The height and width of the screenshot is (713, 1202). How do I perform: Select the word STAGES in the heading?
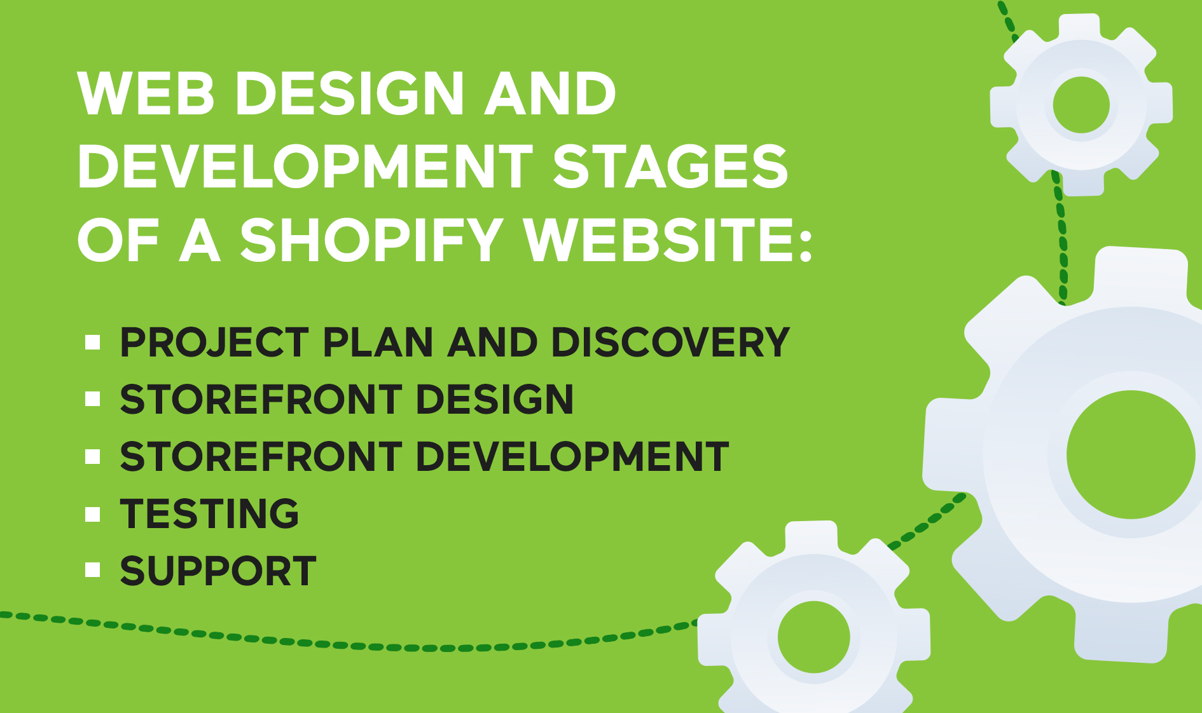tap(670, 166)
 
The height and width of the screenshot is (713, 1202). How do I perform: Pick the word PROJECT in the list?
tap(214, 343)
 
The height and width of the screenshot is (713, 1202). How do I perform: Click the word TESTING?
tap(209, 513)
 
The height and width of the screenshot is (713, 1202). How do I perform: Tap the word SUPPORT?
tap(218, 571)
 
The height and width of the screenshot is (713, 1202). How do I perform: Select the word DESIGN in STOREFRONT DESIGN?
tap(494, 400)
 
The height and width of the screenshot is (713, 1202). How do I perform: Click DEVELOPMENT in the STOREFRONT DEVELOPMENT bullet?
tap(572, 456)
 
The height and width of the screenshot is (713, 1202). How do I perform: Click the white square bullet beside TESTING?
tap(93, 514)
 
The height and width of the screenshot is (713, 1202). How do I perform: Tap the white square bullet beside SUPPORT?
tap(93, 569)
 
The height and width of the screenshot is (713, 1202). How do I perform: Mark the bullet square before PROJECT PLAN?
tap(93, 343)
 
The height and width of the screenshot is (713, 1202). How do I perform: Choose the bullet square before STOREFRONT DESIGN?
tap(93, 399)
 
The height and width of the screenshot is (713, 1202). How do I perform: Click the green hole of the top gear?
tap(1081, 105)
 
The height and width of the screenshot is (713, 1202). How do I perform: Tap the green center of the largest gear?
tap(1131, 454)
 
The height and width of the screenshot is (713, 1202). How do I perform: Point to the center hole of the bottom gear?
tap(814, 637)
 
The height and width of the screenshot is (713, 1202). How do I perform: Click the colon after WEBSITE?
tap(805, 245)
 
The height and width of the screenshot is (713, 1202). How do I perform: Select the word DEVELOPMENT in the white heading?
tap(305, 166)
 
